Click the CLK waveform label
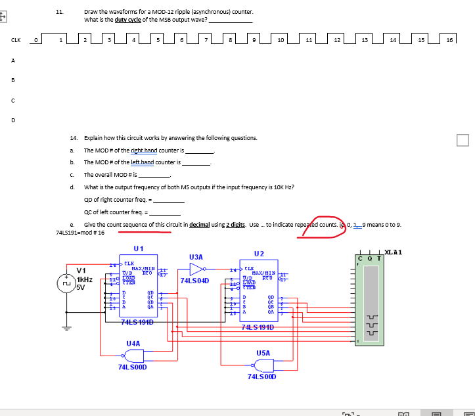tap(15, 40)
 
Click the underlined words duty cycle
tap(129, 20)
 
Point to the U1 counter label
tap(138, 249)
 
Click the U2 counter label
tap(259, 254)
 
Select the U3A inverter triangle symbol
tap(198, 269)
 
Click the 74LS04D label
tap(194, 281)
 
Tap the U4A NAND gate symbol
tap(135, 356)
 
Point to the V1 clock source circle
tap(66, 286)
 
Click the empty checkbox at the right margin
tap(463, 140)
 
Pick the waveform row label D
tap(12, 120)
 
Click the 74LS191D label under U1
tap(137, 321)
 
